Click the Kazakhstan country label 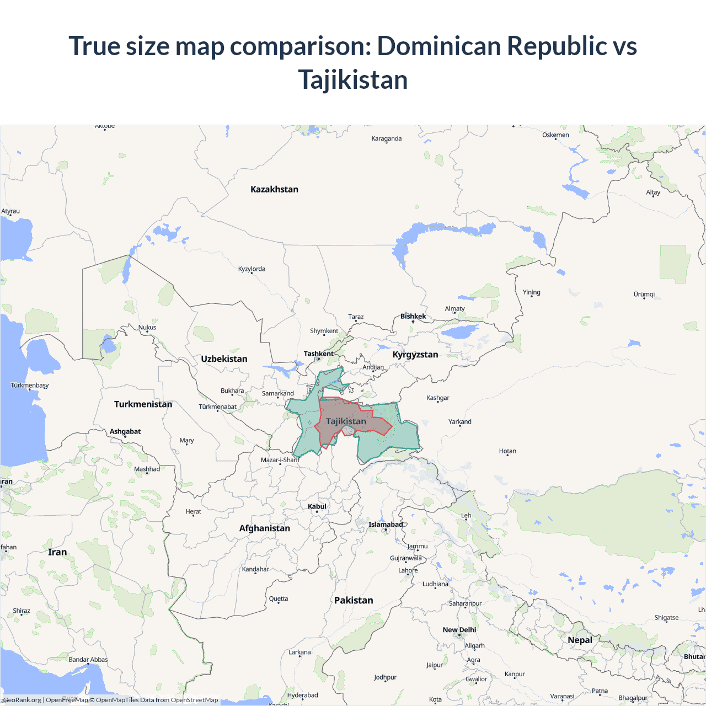coord(274,189)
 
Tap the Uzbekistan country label coord(224,359)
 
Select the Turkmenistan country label coord(143,404)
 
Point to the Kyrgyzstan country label coord(415,354)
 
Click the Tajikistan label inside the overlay coord(346,421)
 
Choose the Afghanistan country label coord(264,528)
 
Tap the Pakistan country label coord(354,600)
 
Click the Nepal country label coord(580,640)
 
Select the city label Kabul coord(317,506)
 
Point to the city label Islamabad coord(386,524)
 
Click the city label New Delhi coord(459,629)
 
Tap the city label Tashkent coord(318,354)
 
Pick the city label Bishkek coord(413,316)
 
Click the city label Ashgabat coord(125,431)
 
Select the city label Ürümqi coord(644,294)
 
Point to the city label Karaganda coord(386,138)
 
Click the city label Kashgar coord(438,398)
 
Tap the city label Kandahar coord(255,569)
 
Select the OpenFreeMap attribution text coord(67,700)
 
